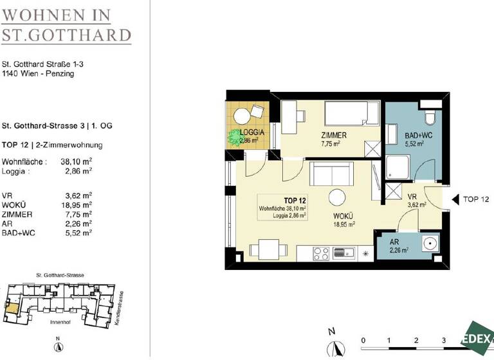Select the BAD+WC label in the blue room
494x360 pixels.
(410, 136)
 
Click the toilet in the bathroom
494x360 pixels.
(430, 116)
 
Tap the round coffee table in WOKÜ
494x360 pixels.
(336, 197)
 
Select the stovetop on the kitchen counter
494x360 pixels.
(322, 253)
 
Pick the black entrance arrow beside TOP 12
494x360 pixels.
(453, 199)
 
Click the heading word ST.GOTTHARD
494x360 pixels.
(66, 34)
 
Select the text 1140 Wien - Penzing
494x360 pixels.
(38, 74)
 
